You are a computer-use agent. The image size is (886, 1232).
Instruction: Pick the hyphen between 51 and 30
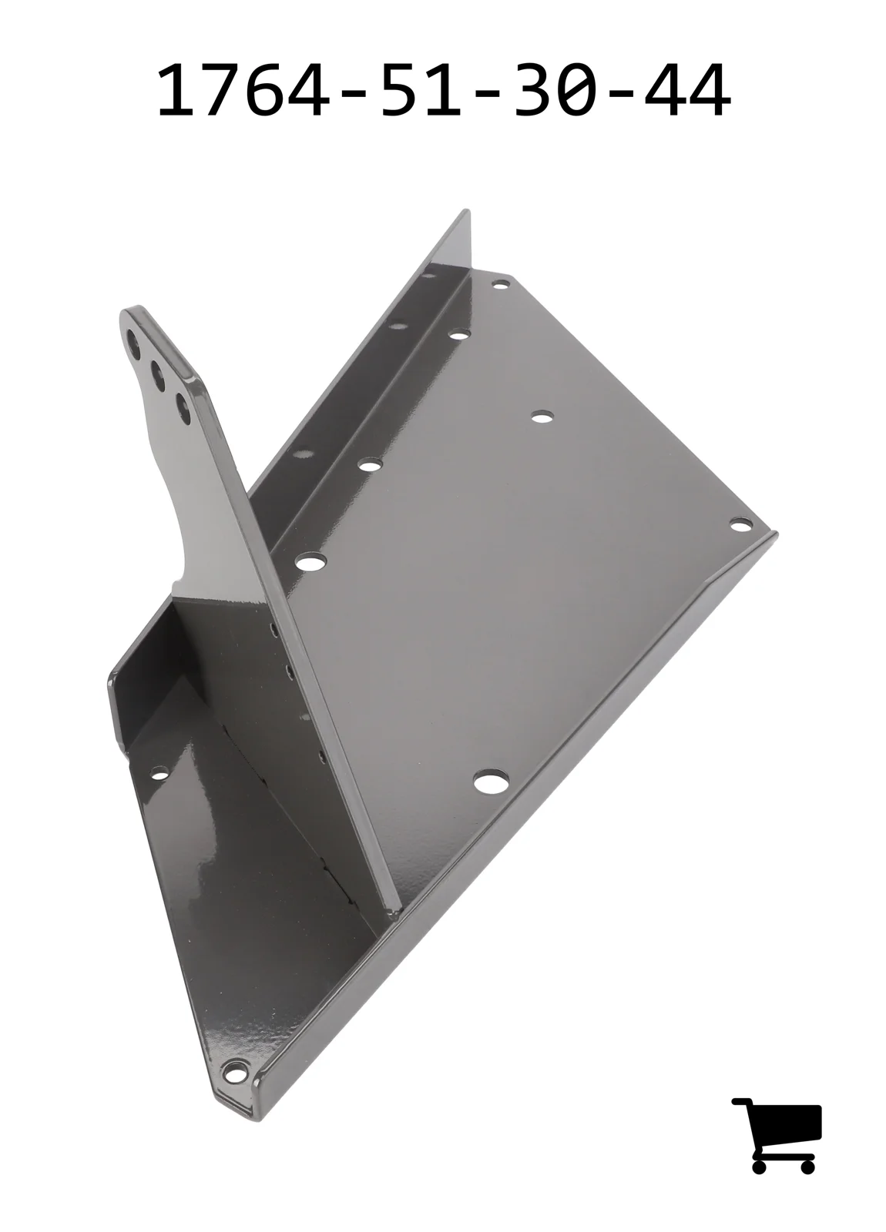(x=488, y=95)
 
